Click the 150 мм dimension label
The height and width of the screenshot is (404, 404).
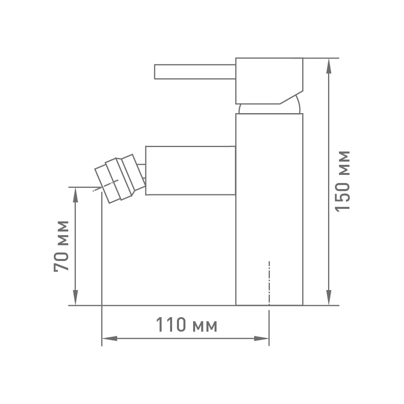[343, 181]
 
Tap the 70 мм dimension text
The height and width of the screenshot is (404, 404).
[61, 246]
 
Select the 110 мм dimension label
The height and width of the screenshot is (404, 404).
[187, 325]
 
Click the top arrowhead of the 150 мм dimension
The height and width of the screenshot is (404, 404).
[329, 66]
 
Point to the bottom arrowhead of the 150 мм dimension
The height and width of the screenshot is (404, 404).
[329, 297]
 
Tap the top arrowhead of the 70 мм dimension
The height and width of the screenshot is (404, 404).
[75, 195]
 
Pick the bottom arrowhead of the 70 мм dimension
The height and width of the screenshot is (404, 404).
[75, 297]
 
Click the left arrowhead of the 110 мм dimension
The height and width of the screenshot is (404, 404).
[110, 339]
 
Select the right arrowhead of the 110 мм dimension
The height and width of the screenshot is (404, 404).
[261, 339]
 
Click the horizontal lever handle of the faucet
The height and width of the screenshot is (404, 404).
[195, 72]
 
